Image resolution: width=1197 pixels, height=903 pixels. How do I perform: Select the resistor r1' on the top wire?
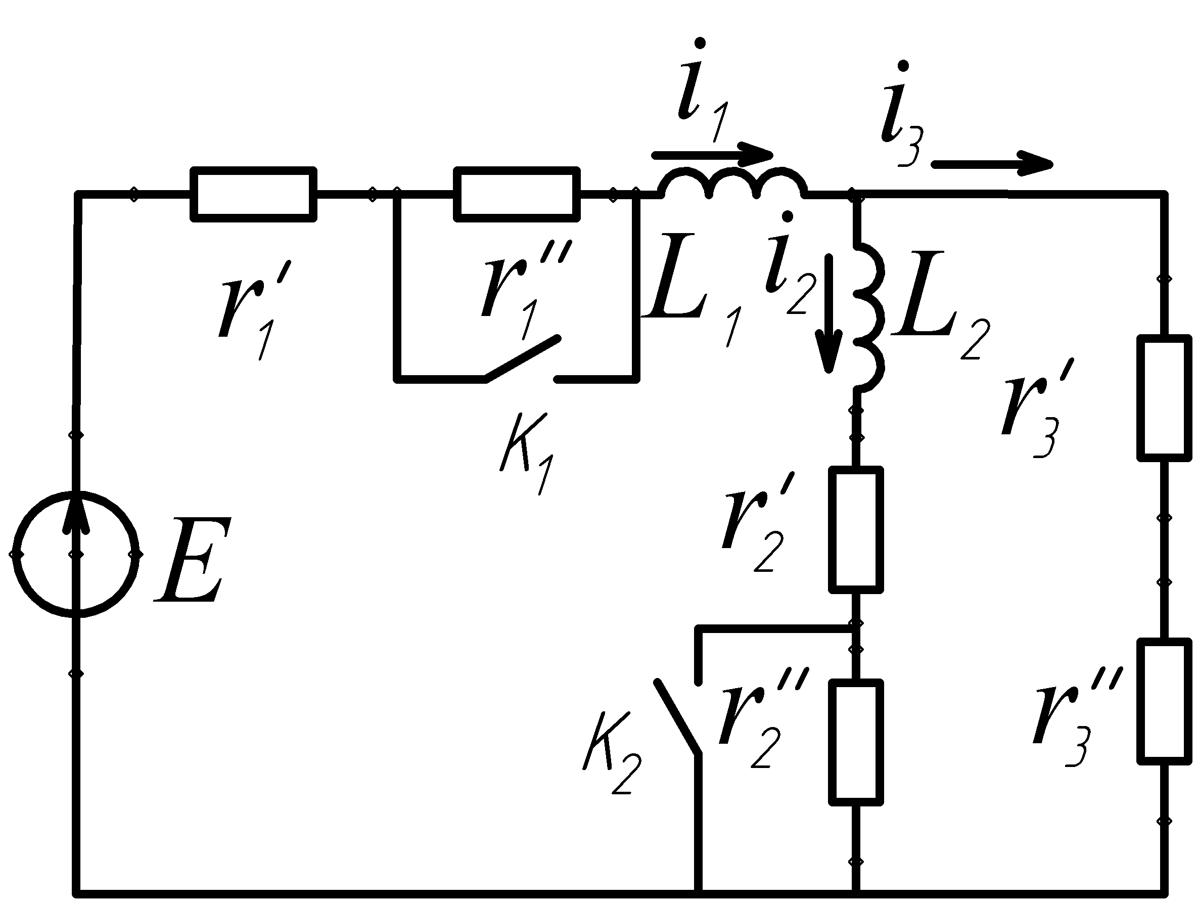[253, 194]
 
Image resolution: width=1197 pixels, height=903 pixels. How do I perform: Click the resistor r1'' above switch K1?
[517, 194]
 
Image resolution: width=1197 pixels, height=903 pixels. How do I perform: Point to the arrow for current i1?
[712, 155]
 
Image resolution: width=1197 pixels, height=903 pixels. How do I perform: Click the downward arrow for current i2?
[829, 314]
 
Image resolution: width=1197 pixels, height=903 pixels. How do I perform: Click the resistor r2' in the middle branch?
[856, 530]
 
